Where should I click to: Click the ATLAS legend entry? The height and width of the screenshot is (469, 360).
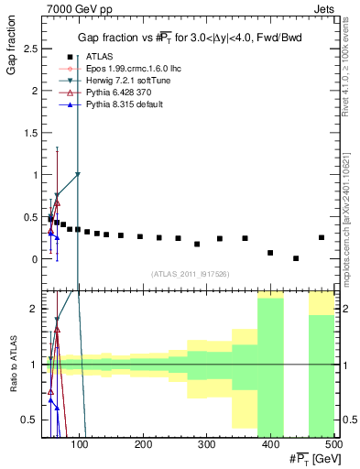tap(99, 57)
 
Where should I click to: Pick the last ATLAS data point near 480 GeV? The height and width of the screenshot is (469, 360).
tap(321, 237)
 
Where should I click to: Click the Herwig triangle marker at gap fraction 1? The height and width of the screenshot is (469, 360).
tap(78, 174)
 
